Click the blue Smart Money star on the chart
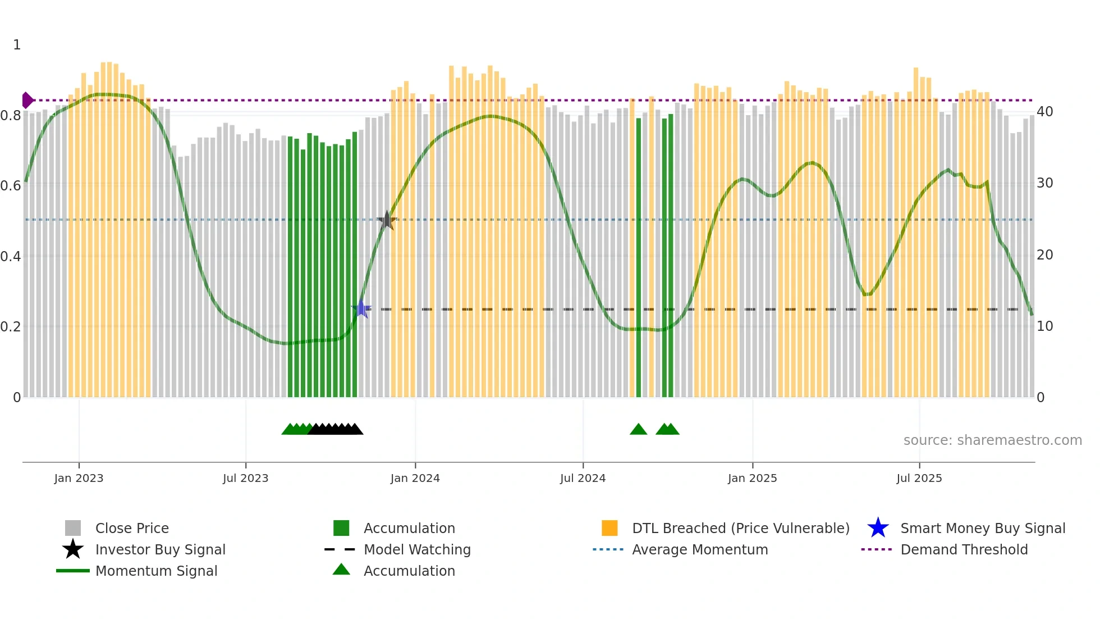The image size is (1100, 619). (x=361, y=308)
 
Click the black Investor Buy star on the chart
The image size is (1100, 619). (x=387, y=221)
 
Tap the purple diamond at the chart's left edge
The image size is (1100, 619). (x=27, y=100)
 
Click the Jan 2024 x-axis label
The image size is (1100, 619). (x=415, y=478)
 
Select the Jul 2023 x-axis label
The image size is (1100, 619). (x=245, y=478)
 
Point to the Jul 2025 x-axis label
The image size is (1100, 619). (x=919, y=478)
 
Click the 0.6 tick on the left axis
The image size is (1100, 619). (x=11, y=185)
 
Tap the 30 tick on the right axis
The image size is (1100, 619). (x=1044, y=183)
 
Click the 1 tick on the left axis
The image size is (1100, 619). (x=17, y=45)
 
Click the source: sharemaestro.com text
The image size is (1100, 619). (x=992, y=440)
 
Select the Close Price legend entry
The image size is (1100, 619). (x=132, y=528)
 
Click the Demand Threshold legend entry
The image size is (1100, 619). (x=964, y=549)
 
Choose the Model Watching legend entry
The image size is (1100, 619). (x=416, y=549)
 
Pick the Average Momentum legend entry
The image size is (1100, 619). (x=699, y=549)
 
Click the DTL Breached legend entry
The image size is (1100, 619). (x=740, y=528)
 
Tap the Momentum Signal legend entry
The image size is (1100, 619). (x=156, y=571)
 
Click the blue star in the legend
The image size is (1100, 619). (x=878, y=528)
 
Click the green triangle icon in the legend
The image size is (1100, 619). (x=341, y=570)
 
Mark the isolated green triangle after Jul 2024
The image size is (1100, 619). (x=638, y=430)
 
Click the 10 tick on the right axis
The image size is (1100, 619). (x=1044, y=326)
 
